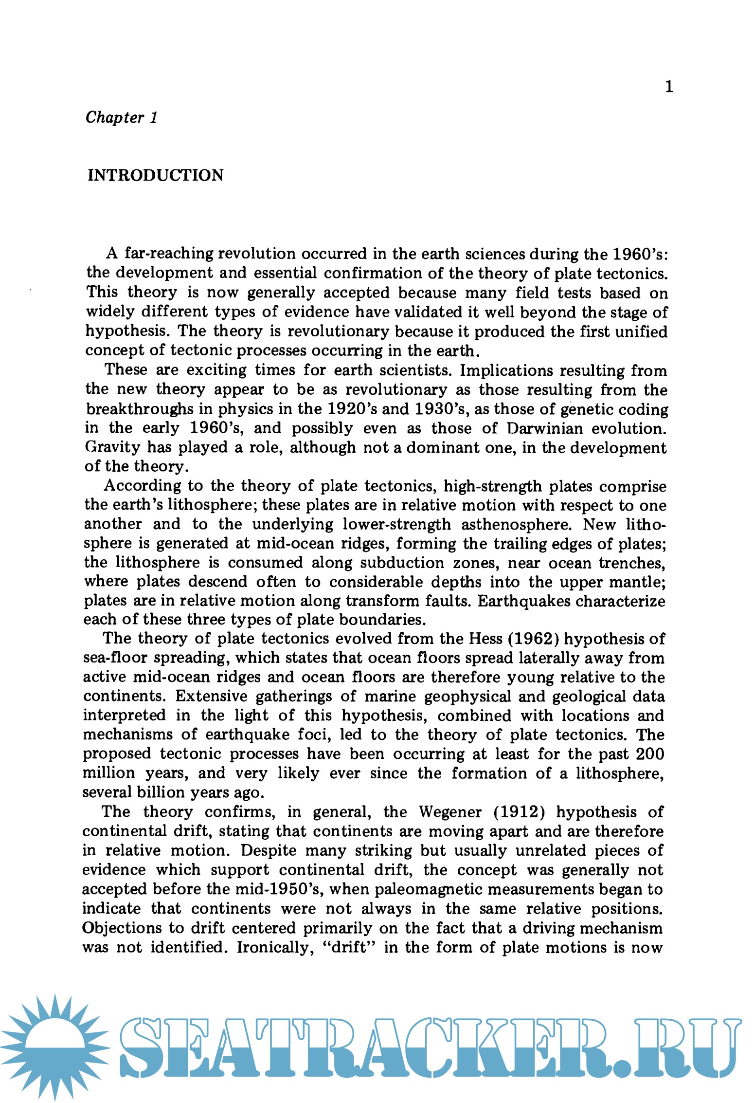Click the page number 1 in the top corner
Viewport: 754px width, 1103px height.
pyautogui.click(x=669, y=87)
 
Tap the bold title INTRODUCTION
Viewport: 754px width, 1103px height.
pyautogui.click(x=155, y=175)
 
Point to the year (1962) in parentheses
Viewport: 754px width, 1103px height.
pyautogui.click(x=532, y=638)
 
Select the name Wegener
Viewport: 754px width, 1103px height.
pyautogui.click(x=450, y=811)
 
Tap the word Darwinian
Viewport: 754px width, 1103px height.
pyautogui.click(x=545, y=428)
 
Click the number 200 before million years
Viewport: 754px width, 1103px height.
pyautogui.click(x=650, y=754)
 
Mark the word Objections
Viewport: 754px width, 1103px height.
pyautogui.click(x=122, y=927)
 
